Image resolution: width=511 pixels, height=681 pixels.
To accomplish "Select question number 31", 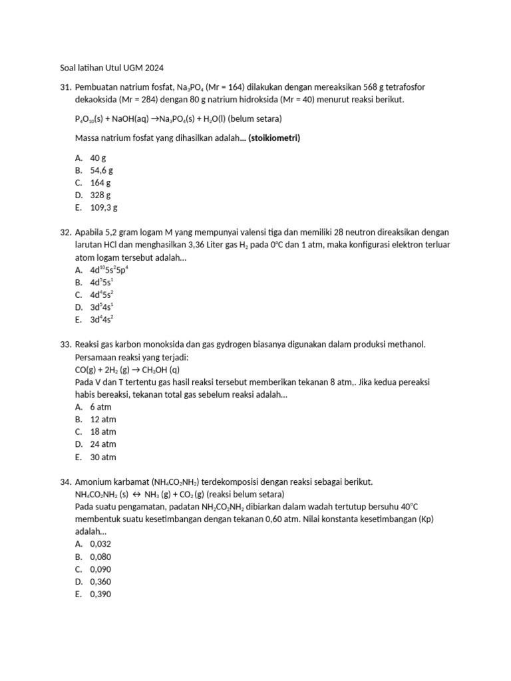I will click(65, 87).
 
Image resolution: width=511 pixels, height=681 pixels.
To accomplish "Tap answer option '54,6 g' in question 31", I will click(101, 170).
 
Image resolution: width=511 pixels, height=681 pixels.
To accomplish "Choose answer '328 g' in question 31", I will click(100, 195).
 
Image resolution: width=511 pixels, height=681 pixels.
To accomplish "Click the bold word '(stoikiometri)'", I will click(274, 138).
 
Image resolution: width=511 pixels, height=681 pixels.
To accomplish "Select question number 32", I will click(65, 232).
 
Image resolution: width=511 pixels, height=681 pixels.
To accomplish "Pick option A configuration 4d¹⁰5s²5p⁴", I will click(109, 269).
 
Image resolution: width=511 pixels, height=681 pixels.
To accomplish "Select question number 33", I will click(65, 344).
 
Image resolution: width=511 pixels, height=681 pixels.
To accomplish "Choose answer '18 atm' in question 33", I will click(103, 432).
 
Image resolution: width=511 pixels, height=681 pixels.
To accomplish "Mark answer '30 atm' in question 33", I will click(103, 457).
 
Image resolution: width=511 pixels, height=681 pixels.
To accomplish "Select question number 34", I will click(65, 481).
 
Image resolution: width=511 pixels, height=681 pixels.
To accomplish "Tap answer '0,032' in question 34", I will click(100, 544).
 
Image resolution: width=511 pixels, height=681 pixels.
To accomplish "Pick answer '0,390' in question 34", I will click(100, 594).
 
